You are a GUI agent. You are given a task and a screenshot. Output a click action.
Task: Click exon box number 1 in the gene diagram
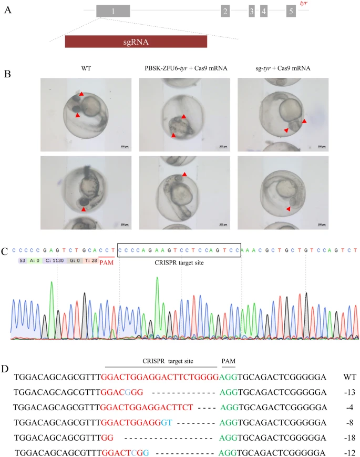pyautogui.click(x=113, y=11)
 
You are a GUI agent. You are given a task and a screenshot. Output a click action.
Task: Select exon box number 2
pyautogui.click(x=225, y=11)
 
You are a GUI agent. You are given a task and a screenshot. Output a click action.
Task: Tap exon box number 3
pyautogui.click(x=252, y=11)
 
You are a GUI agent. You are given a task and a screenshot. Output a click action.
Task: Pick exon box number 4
pyautogui.click(x=264, y=11)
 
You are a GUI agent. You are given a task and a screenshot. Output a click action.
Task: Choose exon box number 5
pyautogui.click(x=291, y=11)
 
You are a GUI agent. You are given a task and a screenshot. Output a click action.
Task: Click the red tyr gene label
pyautogui.click(x=303, y=4)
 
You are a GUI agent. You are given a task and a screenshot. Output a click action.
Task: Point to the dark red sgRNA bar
pyautogui.click(x=136, y=42)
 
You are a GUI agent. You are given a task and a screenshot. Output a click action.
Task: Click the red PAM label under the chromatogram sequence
pyautogui.click(x=107, y=261)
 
